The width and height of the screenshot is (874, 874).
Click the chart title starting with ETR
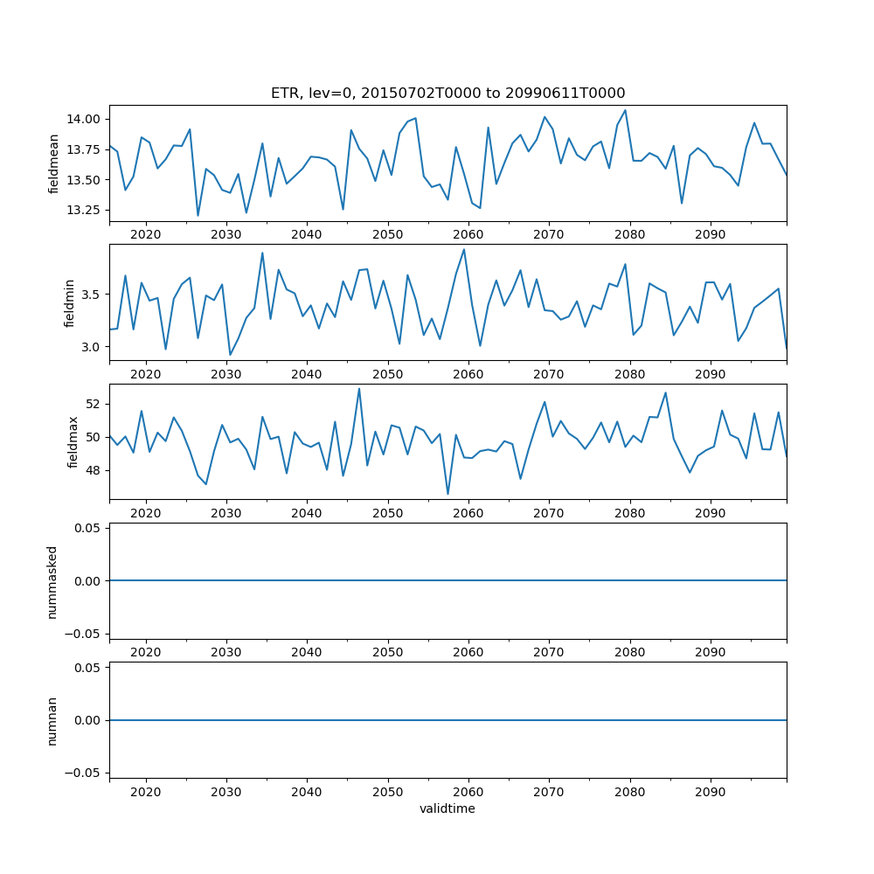[447, 94]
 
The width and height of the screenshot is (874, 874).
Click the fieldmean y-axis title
[53, 164]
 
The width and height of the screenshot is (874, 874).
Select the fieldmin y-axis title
[71, 302]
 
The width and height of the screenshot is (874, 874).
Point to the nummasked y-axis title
[52, 580]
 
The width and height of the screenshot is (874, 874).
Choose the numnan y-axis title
[52, 720]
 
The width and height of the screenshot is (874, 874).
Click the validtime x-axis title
[447, 809]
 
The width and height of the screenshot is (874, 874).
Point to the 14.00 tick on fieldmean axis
[86, 119]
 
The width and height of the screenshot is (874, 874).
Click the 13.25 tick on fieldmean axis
[86, 211]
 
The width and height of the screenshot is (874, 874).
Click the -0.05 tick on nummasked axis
[83, 634]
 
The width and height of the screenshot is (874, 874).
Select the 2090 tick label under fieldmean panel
[710, 235]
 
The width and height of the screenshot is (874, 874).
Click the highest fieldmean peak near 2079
[625, 110]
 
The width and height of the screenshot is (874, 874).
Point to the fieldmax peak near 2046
[359, 389]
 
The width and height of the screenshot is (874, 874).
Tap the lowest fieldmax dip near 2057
[447, 495]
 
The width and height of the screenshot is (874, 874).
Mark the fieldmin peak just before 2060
[464, 249]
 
